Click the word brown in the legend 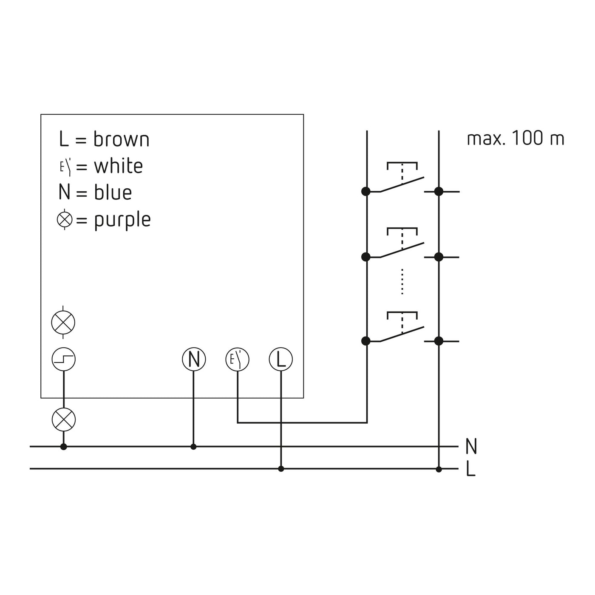(x=122, y=139)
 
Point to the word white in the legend (x=119, y=166)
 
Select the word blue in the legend (x=113, y=193)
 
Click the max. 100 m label (x=516, y=138)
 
